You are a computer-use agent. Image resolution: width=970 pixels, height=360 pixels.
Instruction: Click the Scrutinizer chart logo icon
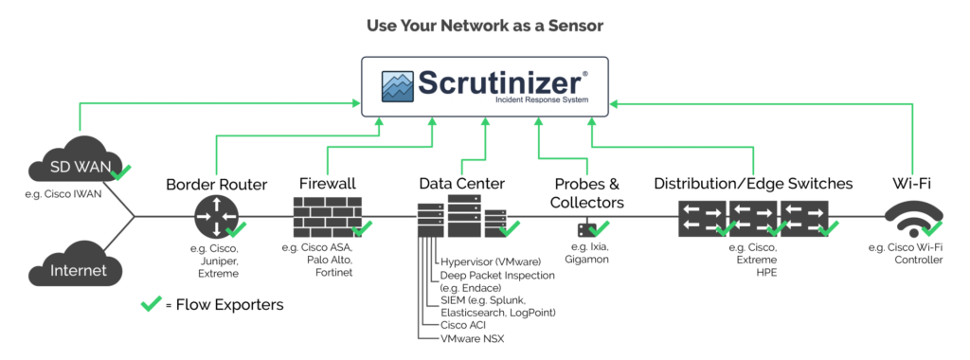[400, 85]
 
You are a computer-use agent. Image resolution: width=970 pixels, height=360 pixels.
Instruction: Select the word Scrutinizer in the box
[500, 81]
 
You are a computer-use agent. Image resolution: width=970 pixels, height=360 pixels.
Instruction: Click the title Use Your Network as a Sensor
[484, 26]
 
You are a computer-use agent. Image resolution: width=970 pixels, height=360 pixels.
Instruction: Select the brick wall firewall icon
[326, 216]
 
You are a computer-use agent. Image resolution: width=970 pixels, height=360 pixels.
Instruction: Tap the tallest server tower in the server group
[464, 215]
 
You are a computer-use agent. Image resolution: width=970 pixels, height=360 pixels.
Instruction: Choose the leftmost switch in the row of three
[702, 217]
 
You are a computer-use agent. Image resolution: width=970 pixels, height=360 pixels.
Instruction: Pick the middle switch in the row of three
[753, 217]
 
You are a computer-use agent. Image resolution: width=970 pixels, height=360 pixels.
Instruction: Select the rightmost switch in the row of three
[803, 217]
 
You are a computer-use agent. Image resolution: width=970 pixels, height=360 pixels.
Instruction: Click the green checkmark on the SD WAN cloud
[121, 171]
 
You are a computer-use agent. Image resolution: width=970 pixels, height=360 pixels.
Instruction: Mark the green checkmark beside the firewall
[362, 227]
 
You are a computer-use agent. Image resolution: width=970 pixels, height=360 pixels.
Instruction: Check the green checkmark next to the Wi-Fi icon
[932, 228]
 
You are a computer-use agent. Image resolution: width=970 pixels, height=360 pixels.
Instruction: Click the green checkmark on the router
[237, 228]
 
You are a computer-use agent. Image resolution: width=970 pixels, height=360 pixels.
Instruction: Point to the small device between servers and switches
[587, 228]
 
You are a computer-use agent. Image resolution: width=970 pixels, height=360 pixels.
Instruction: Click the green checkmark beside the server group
[510, 227]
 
